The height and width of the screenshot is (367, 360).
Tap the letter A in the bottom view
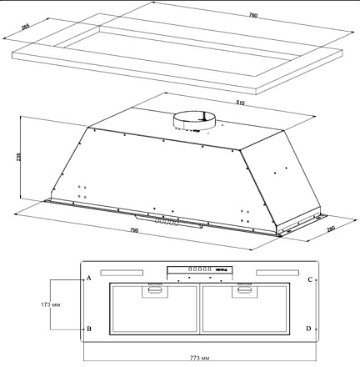88,279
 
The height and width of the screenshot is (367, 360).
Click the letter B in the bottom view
88,329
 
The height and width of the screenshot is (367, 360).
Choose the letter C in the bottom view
309,279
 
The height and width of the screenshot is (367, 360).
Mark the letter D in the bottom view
309,329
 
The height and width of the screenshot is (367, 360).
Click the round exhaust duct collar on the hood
193,122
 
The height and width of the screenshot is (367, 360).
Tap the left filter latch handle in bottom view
155,289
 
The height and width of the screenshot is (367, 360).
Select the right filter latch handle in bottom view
243,289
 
